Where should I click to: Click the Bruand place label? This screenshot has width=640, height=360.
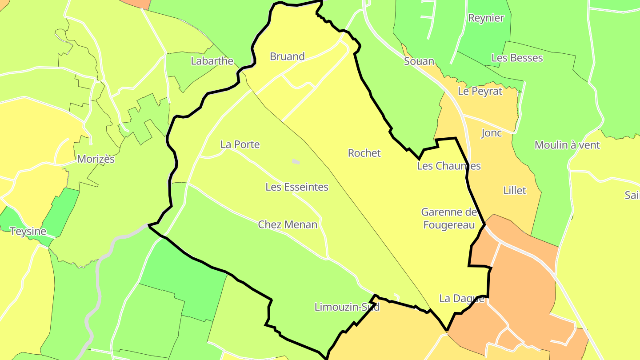tap(287, 56)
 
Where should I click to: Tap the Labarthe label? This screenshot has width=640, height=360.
tap(212, 61)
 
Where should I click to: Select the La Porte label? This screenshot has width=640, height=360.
tap(240, 144)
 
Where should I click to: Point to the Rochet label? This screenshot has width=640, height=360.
tap(364, 153)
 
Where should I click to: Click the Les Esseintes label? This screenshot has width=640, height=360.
tap(297, 187)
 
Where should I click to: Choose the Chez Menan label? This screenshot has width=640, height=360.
tap(288, 224)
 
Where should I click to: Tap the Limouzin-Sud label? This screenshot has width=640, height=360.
tap(347, 307)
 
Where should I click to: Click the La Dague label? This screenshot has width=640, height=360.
tap(462, 298)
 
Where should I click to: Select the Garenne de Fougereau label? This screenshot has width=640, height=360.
tap(449, 219)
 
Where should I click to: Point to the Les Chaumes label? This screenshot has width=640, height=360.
tap(449, 166)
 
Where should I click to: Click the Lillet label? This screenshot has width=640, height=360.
tap(515, 191)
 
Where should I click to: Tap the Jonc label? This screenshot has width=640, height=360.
tap(492, 133)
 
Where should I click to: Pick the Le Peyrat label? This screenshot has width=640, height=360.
tap(480, 91)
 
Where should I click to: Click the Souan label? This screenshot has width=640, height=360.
tap(419, 61)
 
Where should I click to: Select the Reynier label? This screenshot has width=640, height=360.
tap(486, 18)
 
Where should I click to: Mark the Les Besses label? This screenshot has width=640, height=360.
tap(517, 58)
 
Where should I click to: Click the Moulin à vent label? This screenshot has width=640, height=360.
tap(567, 145)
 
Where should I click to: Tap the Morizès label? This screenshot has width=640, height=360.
tap(96, 159)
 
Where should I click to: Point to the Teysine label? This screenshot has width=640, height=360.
tap(28, 231)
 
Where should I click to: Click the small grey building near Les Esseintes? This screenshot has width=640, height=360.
tap(296, 162)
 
